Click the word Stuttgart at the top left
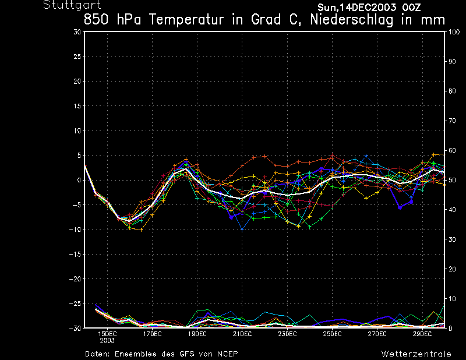tap(68, 5)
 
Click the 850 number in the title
tap(97, 19)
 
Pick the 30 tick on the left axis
tap(77, 32)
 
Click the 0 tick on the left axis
tap(79, 180)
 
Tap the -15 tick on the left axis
tap(75, 254)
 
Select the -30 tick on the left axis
tap(75, 328)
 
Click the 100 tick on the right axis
tap(454, 32)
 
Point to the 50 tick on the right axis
tap(451, 180)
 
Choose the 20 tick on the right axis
tap(451, 269)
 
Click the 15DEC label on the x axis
tap(107, 334)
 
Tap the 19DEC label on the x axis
tap(197, 334)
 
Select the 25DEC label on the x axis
tap(332, 334)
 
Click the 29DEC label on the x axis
tap(422, 334)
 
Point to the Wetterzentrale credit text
tap(416, 354)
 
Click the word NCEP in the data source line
tap(227, 354)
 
